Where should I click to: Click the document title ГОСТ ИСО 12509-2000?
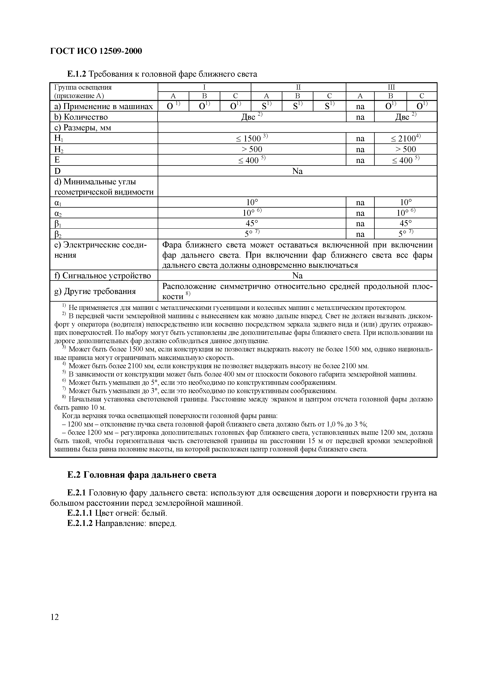click(x=96, y=51)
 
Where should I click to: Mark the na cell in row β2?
click(x=360, y=234)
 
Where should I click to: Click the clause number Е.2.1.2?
click(x=80, y=523)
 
